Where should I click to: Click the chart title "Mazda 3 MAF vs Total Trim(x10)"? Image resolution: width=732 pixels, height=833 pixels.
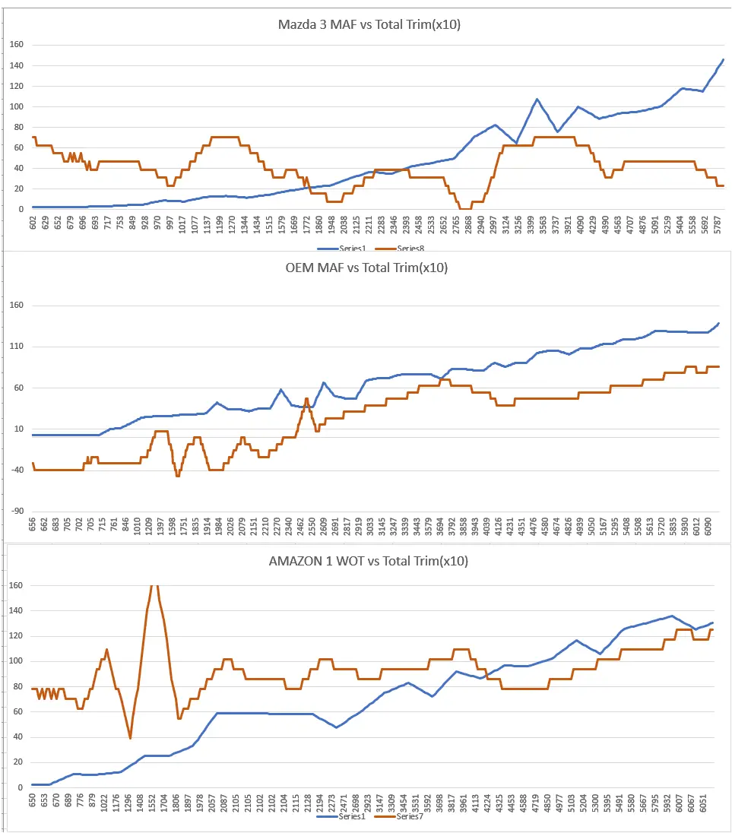click(x=369, y=24)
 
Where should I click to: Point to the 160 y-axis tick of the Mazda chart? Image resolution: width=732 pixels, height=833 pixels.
click(x=17, y=45)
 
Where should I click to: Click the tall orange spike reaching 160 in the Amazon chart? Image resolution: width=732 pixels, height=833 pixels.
click(x=154, y=587)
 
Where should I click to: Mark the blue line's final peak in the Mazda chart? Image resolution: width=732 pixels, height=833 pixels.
click(x=723, y=60)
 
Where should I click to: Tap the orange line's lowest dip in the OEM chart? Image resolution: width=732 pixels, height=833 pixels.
click(x=178, y=476)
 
